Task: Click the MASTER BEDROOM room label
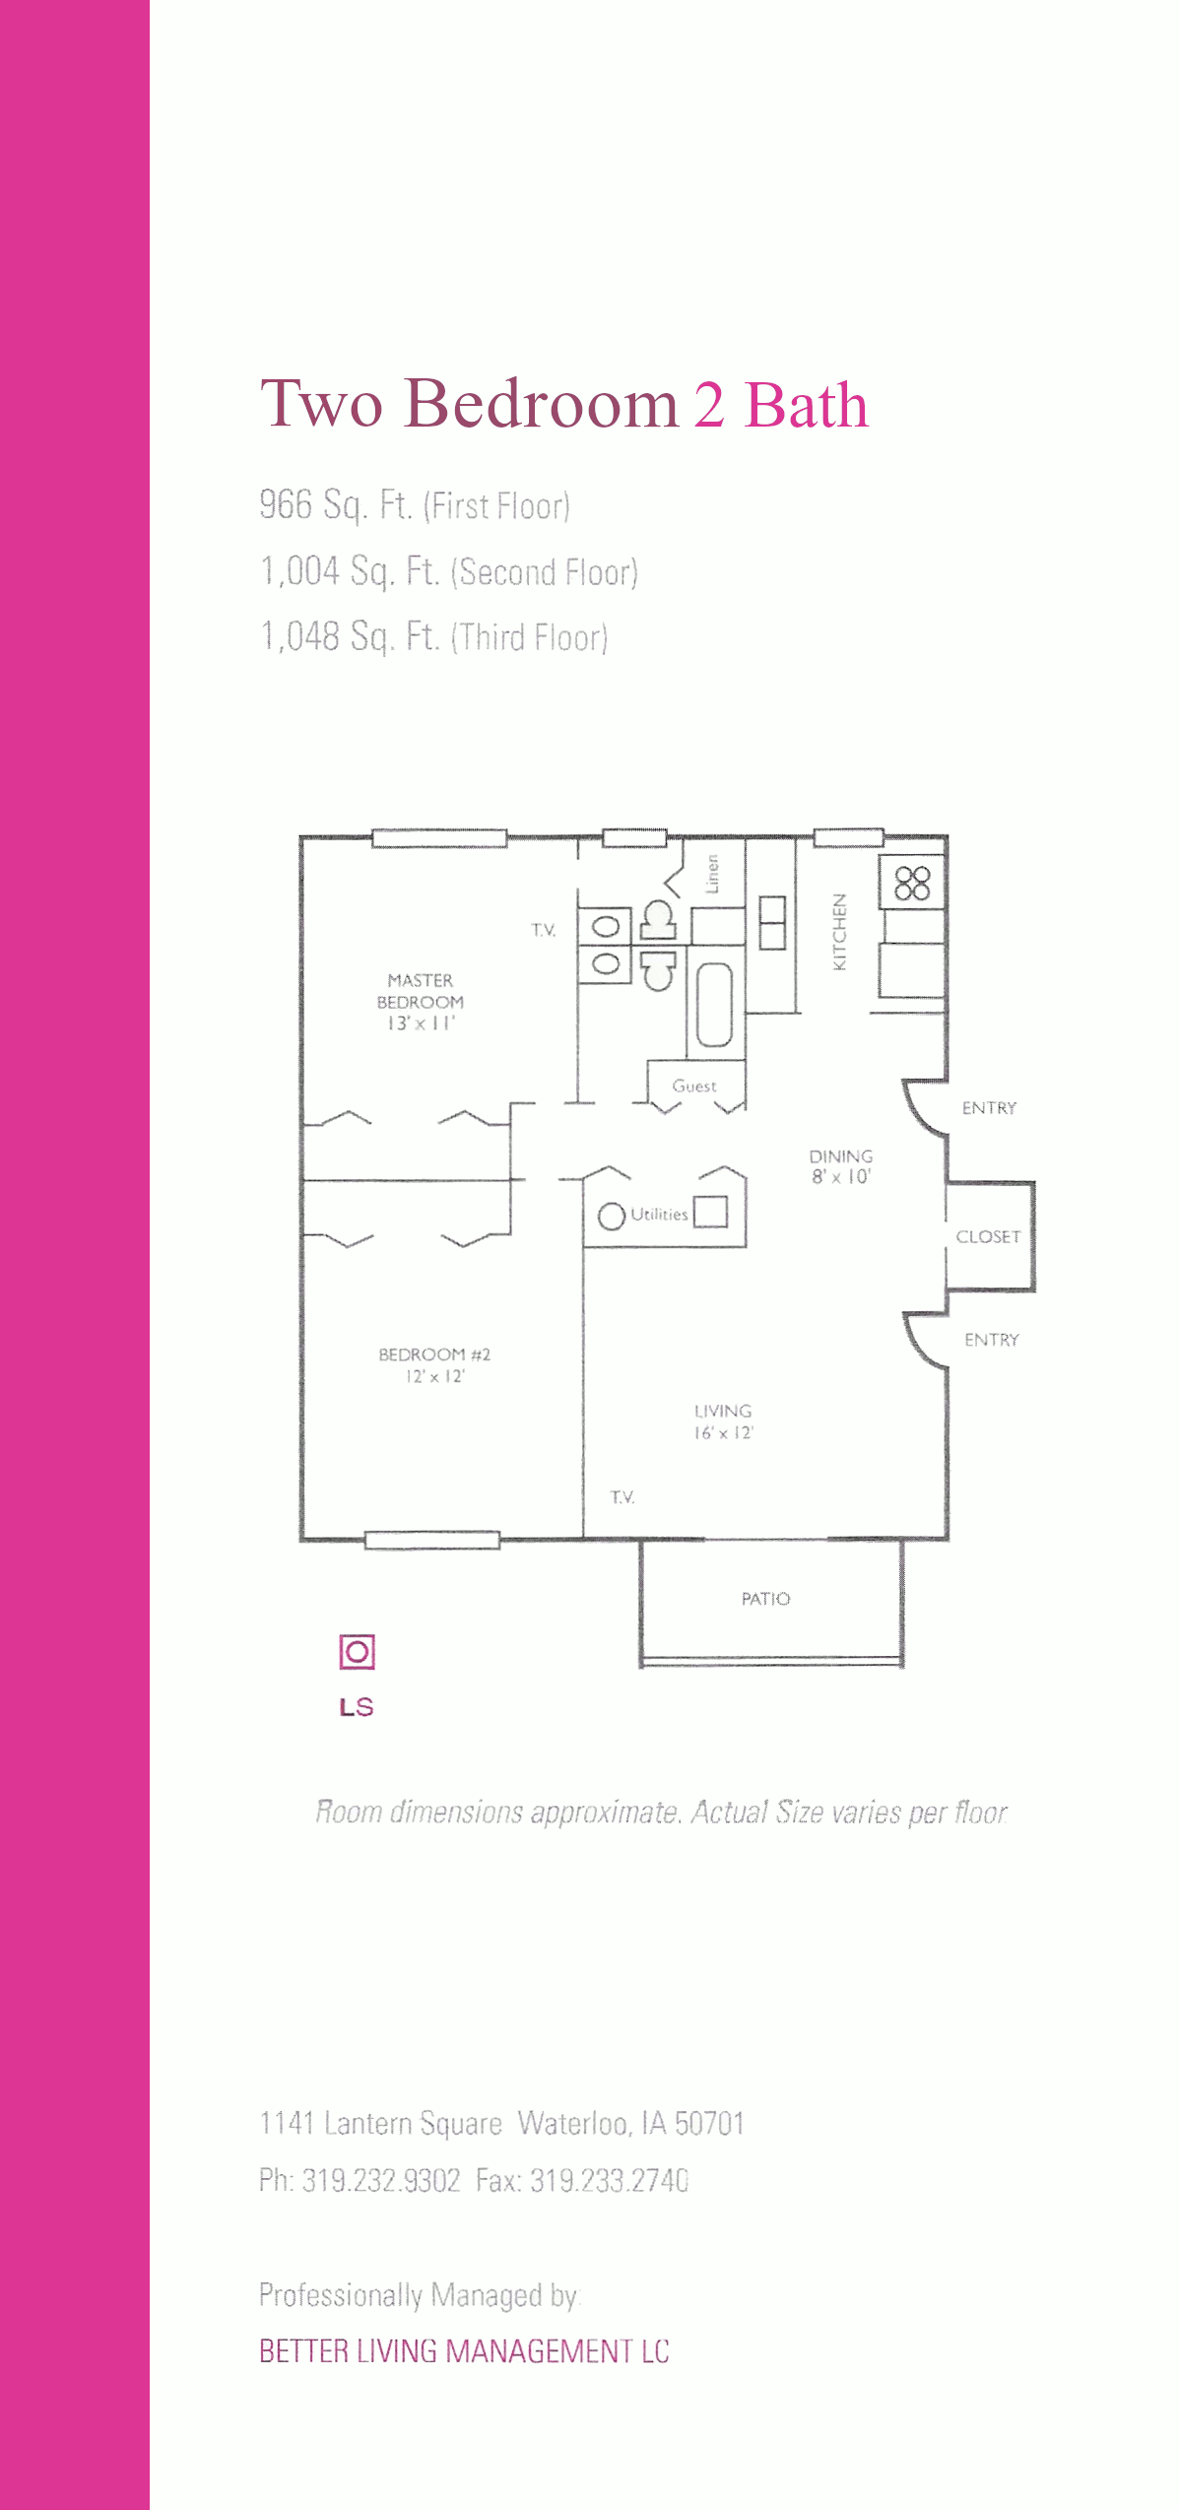[421, 991]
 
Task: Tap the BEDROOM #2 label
[434, 1354]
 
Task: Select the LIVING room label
[723, 1411]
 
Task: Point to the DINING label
[841, 1156]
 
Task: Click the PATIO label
[766, 1599]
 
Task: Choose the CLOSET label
[988, 1236]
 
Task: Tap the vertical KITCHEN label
[839, 932]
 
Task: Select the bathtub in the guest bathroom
[714, 1004]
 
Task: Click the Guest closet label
[694, 1086]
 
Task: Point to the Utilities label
[659, 1215]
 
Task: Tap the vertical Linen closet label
[712, 874]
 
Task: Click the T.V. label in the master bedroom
[544, 930]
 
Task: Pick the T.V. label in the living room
[622, 1497]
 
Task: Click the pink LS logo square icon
[358, 1652]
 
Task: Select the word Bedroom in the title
[542, 404]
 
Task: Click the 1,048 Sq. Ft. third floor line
[433, 636]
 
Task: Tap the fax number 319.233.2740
[610, 2180]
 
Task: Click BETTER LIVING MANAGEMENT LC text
[464, 2351]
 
